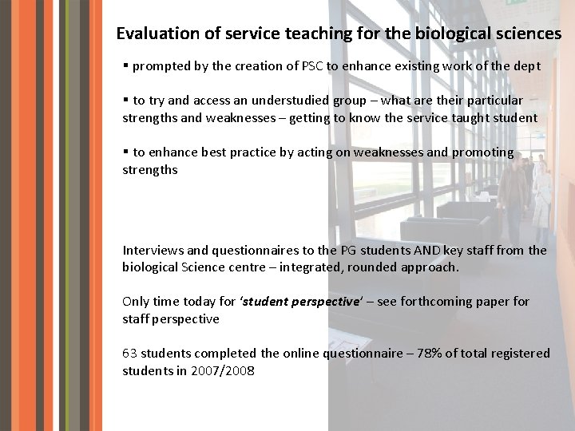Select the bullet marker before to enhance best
click(x=126, y=152)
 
